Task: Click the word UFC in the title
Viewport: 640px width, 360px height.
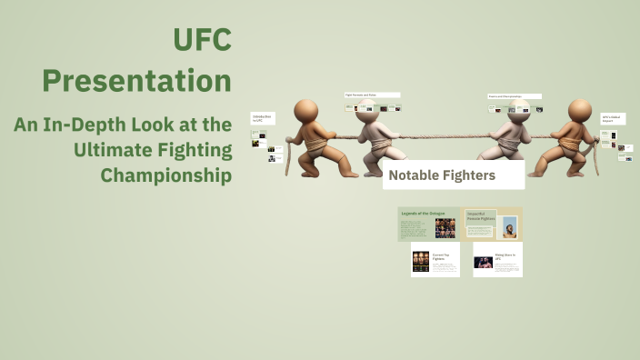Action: [202, 40]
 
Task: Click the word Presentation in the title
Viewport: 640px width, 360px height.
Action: [137, 81]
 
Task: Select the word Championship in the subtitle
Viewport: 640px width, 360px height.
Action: [166, 174]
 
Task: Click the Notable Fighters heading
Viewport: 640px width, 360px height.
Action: [442, 175]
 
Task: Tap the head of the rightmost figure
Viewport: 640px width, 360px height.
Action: [580, 111]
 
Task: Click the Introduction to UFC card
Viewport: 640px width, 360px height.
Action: [262, 119]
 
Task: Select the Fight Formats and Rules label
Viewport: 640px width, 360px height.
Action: [372, 95]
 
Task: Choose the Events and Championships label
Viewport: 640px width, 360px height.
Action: [514, 95]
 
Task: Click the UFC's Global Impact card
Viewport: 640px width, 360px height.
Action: [613, 119]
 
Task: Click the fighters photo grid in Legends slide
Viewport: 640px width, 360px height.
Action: [445, 227]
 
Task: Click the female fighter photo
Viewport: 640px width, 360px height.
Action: [509, 226]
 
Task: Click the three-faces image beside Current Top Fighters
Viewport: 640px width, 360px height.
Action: [421, 262]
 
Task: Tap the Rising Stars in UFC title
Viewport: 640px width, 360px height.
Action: [505, 257]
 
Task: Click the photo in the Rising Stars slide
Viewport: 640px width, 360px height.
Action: [483, 262]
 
